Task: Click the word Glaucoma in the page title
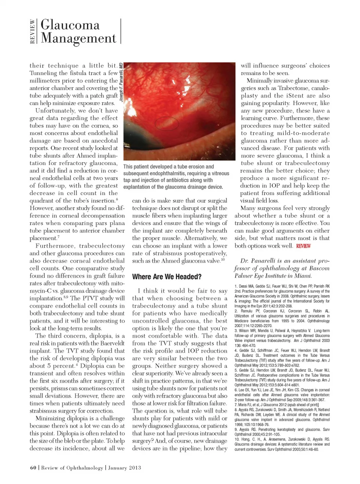click(x=70, y=25)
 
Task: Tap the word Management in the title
click(x=78, y=38)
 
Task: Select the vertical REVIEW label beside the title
click(x=33, y=32)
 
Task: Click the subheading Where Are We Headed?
click(x=166, y=277)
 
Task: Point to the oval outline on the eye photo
click(x=167, y=123)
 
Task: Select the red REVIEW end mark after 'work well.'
click(x=303, y=246)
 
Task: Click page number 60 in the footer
click(x=33, y=468)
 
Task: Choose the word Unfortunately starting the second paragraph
click(x=55, y=111)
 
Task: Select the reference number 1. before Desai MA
click(x=236, y=286)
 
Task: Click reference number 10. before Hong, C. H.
click(x=237, y=439)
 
